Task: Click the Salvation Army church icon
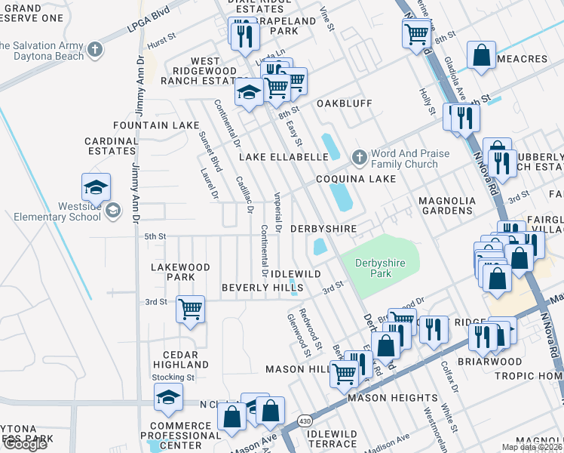94,51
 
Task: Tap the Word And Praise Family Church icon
360,158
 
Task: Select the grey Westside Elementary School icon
112,210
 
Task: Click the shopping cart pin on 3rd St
190,309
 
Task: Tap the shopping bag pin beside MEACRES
480,56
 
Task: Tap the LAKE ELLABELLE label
284,157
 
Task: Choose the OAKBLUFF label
345,103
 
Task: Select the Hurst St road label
161,45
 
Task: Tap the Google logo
24,444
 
